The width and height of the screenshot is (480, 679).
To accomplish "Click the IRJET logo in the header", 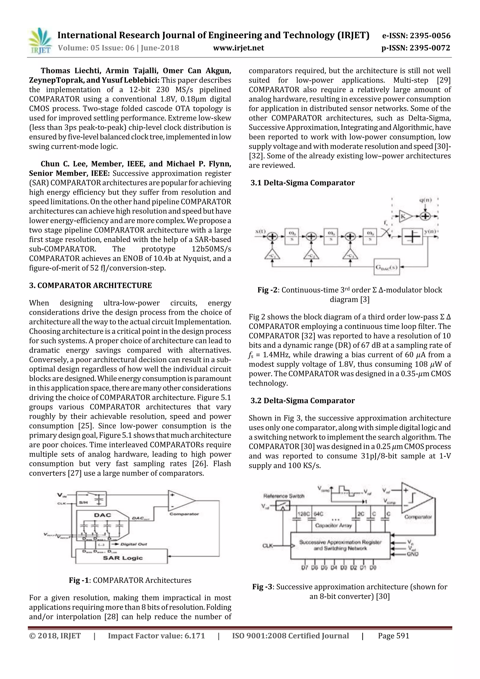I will [40, 41].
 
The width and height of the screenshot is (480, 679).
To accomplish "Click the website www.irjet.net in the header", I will [238, 48].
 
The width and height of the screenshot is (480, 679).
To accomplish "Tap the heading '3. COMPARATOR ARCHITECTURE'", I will [90, 285].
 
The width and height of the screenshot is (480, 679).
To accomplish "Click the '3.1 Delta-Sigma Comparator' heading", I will [302, 183].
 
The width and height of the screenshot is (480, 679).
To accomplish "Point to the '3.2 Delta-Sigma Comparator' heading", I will [302, 400].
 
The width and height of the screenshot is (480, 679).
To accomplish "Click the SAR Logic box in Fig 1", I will [122, 558].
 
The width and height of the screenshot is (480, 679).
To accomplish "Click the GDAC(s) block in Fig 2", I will [386, 267].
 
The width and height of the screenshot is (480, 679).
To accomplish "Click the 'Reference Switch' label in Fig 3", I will [283, 496].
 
